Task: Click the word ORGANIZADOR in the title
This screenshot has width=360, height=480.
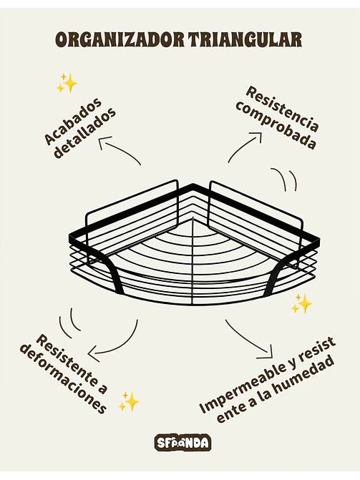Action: (120, 39)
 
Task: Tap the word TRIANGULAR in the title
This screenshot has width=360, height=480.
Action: (245, 39)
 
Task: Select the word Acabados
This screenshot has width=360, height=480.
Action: (73, 121)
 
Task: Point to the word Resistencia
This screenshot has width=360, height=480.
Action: (282, 109)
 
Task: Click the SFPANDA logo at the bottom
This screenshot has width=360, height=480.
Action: (183, 443)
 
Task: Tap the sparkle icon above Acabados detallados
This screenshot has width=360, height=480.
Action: (67, 83)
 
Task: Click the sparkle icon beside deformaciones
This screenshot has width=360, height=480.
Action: (129, 401)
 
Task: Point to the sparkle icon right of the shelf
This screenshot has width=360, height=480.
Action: (301, 303)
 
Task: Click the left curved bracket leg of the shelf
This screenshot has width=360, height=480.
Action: (113, 273)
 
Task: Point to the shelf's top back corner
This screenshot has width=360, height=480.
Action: (193, 185)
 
